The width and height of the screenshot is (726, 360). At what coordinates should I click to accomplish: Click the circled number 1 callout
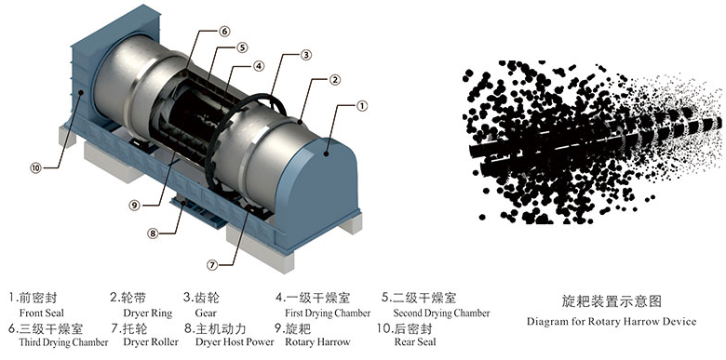click(x=363, y=106)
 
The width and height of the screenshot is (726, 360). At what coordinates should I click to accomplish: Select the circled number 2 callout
click(x=335, y=80)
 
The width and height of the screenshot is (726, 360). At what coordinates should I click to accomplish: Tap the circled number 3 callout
click(x=305, y=55)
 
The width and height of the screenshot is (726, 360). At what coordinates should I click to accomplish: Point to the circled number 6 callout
click(x=224, y=31)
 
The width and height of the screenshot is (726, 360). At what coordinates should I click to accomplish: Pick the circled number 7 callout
click(x=212, y=265)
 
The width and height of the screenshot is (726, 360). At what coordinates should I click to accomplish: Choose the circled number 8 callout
click(x=153, y=233)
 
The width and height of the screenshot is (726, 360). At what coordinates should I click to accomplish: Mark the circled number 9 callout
click(x=135, y=206)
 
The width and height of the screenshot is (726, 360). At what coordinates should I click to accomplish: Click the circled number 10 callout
click(x=36, y=168)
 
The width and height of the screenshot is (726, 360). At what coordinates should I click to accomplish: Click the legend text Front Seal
click(x=42, y=313)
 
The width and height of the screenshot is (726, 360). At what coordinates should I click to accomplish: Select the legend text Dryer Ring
click(x=148, y=313)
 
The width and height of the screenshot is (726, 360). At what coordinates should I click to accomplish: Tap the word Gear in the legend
click(x=206, y=313)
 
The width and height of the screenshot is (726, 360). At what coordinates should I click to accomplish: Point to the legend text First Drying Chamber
click(x=328, y=313)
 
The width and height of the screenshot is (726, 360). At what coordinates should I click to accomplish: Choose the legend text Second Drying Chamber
click(x=441, y=313)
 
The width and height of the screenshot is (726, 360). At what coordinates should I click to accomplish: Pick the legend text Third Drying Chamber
click(x=63, y=342)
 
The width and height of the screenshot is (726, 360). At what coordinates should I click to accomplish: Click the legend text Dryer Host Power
click(x=235, y=342)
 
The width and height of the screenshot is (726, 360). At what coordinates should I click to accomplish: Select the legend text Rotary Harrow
click(x=317, y=342)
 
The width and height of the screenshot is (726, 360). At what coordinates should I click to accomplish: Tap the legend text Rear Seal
click(x=415, y=342)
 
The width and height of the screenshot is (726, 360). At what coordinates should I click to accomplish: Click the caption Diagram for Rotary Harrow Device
click(x=612, y=322)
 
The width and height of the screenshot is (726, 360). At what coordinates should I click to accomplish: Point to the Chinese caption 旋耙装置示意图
click(x=612, y=301)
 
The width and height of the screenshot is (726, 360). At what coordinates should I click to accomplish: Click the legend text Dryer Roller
click(x=151, y=342)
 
